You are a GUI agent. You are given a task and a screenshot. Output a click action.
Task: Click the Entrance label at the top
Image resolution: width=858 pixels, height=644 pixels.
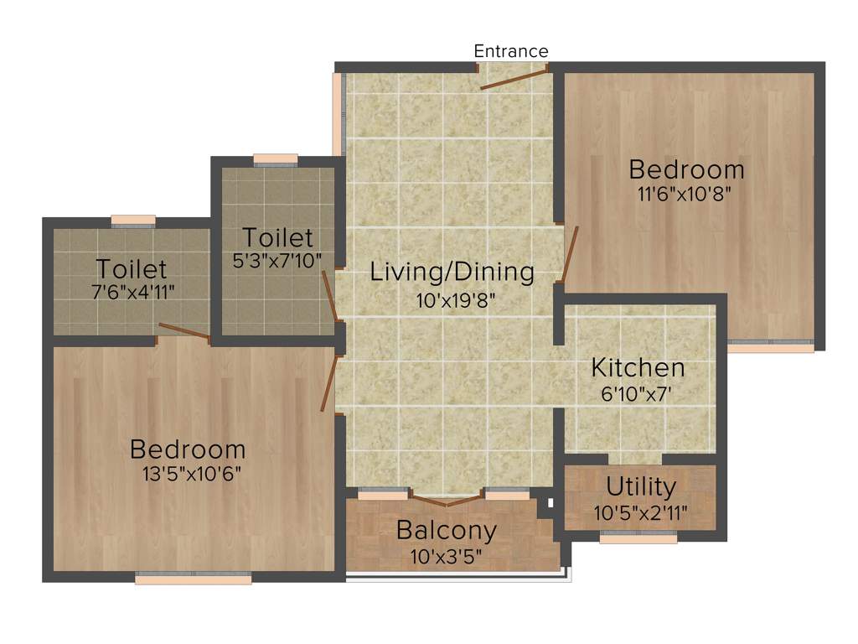coord(511,51)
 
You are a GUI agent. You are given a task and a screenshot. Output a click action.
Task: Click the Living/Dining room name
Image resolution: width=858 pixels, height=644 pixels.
coord(452,272)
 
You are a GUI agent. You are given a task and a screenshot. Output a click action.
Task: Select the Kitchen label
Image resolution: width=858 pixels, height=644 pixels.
coord(638,367)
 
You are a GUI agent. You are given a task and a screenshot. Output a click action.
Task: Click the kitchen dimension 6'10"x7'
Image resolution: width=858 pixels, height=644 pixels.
coord(638,394)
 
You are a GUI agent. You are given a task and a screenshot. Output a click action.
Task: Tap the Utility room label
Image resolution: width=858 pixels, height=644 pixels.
coord(641,486)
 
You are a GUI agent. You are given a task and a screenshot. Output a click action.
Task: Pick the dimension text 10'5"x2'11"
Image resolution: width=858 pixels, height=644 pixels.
coord(641,512)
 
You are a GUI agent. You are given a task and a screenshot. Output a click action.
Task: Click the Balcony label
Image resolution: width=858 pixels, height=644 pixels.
coord(447,530)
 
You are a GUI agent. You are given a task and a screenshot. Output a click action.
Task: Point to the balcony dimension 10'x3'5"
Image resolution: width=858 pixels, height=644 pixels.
coord(447,556)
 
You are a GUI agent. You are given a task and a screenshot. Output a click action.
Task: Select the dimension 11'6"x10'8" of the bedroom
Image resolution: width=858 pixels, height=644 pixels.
coord(687,197)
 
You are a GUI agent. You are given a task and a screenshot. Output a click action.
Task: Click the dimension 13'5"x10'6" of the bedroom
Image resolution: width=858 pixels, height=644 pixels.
coord(192,474)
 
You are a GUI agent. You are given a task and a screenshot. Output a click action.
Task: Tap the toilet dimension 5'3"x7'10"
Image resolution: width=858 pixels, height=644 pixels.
coord(277,262)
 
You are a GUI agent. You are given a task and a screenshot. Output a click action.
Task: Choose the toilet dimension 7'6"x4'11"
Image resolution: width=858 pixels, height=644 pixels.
coord(132,293)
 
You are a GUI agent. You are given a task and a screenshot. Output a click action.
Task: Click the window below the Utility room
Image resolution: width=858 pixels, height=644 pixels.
coord(638,539)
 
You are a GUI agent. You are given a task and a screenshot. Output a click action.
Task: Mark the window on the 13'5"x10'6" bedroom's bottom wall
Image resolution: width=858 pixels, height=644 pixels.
coord(194,578)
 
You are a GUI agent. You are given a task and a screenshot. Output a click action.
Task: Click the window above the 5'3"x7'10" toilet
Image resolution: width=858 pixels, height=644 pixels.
coord(276,159)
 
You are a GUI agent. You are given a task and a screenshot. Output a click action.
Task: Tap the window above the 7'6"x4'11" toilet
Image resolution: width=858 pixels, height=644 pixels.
coord(133,221)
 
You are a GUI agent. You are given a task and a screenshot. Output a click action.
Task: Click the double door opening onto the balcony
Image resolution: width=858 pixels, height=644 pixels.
coord(447,501)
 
